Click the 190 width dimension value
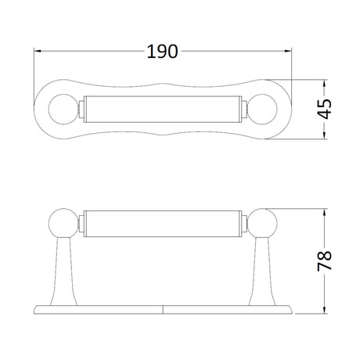tap(162, 52)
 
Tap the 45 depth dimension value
tap(324, 109)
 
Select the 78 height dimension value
tap(324, 261)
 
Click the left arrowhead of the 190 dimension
tap(38, 51)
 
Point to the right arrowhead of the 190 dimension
tap(288, 51)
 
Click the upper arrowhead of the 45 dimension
tap(324, 83)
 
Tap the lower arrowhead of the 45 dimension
tap(324, 135)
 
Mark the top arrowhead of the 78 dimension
tap(324, 212)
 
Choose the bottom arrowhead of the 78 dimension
tap(324, 310)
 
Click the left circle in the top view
tap(63, 109)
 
